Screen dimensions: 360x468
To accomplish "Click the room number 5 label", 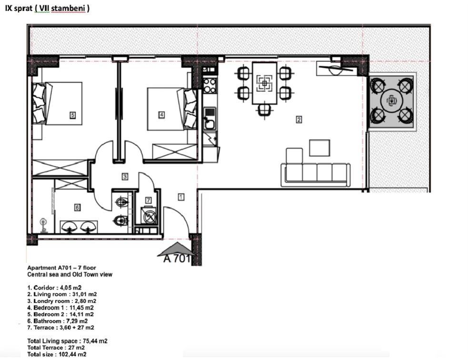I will click(72, 115).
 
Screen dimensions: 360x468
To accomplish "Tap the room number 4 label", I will click(161, 115).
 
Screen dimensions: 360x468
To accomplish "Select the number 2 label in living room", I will click(299, 120).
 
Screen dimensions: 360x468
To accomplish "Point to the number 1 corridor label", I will click(181, 196).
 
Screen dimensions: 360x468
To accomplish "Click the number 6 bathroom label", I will click(77, 207).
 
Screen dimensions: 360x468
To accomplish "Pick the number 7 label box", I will click(149, 200).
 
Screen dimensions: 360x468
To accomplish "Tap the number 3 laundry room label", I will click(125, 177).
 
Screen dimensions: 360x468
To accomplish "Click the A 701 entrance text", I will click(177, 259).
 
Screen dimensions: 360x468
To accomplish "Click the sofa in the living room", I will click(316, 174).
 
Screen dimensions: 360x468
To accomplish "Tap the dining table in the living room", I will click(264, 84).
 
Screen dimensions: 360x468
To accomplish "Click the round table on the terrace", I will click(391, 100).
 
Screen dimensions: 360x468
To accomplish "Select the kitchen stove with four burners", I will click(209, 86).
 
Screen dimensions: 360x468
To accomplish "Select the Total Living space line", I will click(67, 341).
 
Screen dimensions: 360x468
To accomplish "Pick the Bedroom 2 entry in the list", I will click(60, 314).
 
